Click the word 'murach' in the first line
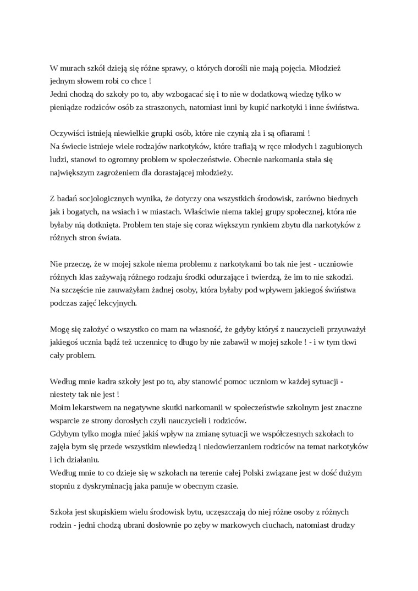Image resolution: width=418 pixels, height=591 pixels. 74,68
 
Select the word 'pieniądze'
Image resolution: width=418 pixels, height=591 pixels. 67,107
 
